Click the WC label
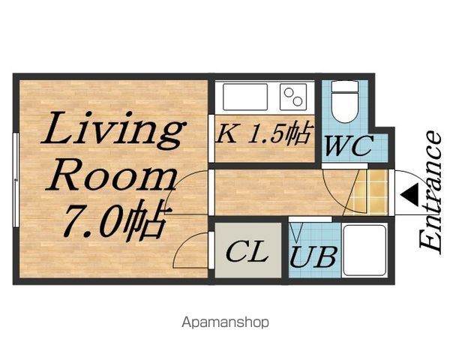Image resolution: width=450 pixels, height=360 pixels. tap(349, 145)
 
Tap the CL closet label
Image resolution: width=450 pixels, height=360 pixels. tap(247, 251)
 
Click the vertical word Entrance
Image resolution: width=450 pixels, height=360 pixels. tap(430, 192)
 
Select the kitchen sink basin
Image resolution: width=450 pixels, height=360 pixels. tap(245, 97)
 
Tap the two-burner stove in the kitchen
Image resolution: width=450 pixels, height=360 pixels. tap(293, 97)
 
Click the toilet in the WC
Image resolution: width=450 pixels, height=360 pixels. tap(345, 102)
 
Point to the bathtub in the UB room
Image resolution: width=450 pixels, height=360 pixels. tap(364, 250)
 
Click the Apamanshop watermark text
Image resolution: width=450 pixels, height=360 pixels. tap(225, 322)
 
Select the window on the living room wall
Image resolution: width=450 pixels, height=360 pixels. tap(16, 180)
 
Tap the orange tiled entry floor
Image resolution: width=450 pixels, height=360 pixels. tap(369, 192)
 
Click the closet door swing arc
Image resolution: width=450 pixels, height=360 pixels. tap(184, 244)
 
